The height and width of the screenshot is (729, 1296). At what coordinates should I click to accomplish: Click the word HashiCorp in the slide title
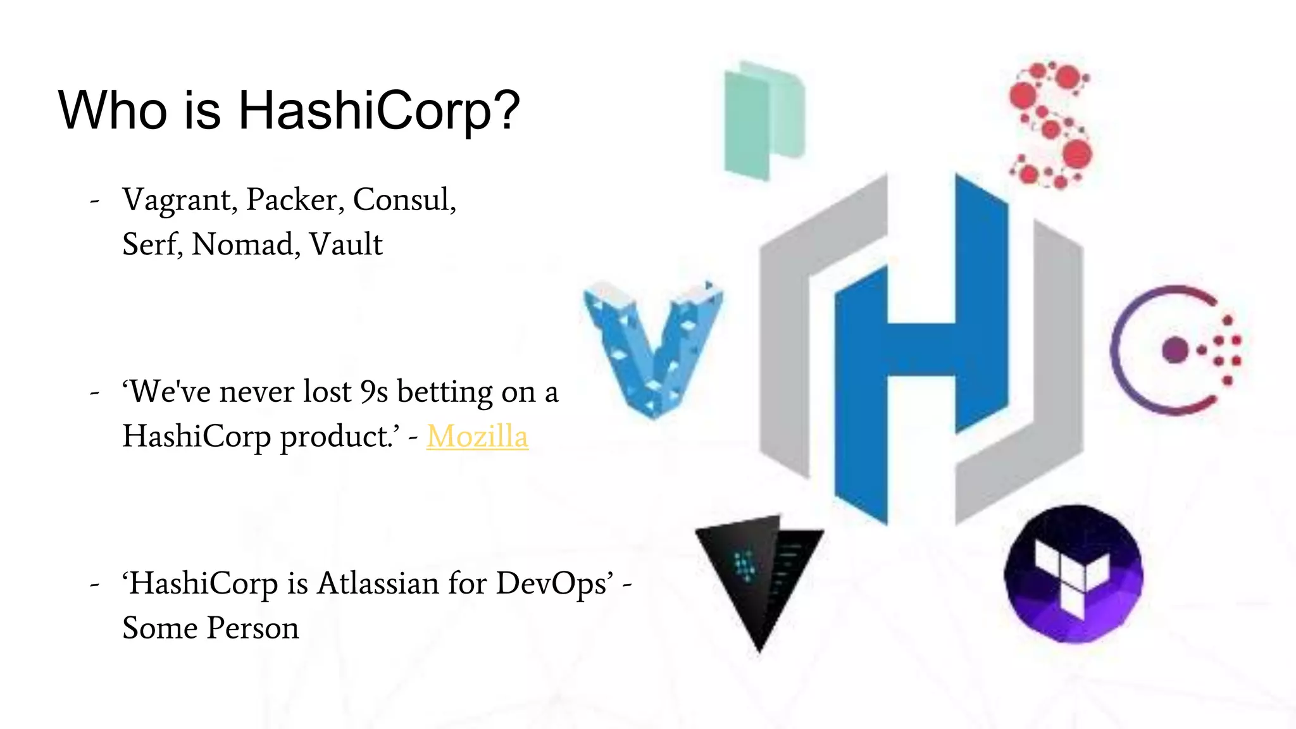(378, 110)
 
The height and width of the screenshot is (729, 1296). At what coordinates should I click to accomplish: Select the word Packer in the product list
(295, 200)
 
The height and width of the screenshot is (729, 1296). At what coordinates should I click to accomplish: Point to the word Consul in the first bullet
(404, 200)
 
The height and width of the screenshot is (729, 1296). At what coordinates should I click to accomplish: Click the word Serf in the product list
(152, 244)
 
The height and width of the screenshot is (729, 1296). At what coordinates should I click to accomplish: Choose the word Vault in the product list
(346, 244)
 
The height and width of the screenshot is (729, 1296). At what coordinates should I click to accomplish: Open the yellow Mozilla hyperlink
(477, 437)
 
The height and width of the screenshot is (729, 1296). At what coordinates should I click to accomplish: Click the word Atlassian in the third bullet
(378, 583)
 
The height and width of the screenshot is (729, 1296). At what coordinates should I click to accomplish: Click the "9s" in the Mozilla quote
(374, 392)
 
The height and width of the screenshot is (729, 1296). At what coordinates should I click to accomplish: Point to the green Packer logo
(764, 120)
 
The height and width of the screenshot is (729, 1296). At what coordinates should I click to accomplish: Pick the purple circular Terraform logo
(1073, 573)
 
